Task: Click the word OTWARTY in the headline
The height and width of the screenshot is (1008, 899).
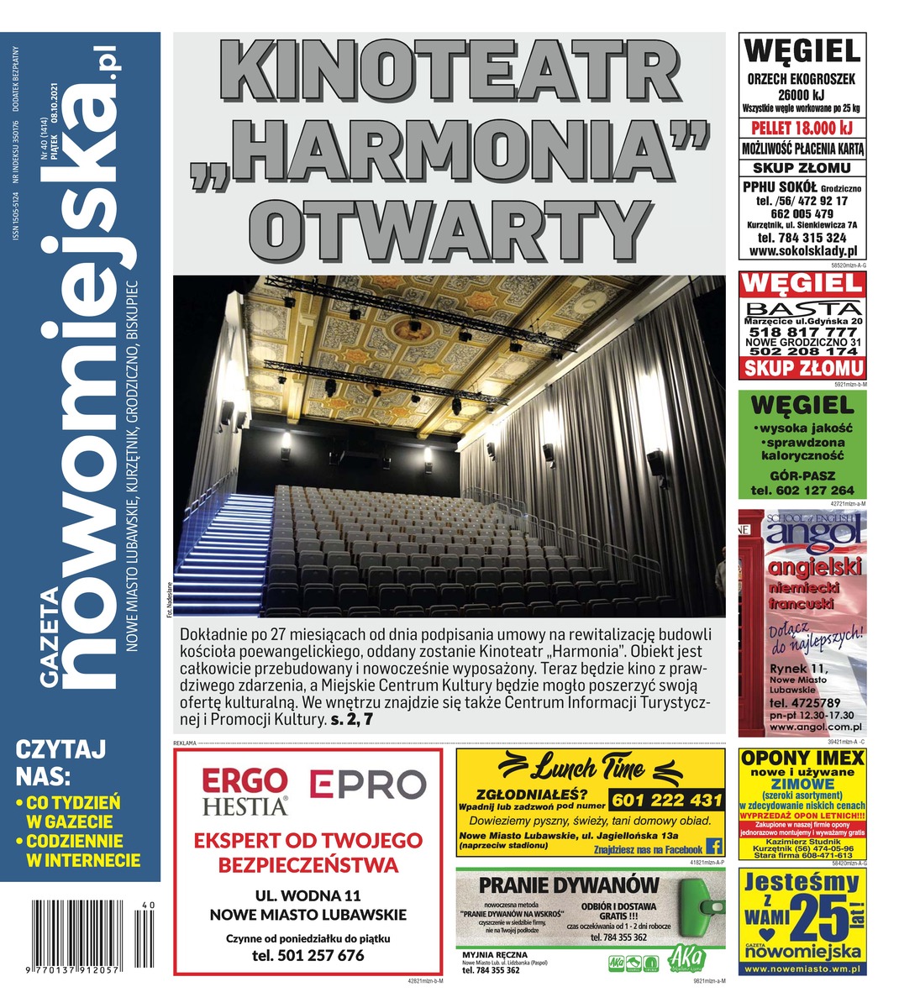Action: [449, 223]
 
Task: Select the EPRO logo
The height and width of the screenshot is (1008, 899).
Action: [368, 785]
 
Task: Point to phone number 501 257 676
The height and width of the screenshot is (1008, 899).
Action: [308, 955]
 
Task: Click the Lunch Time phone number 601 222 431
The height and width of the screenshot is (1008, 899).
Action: [665, 800]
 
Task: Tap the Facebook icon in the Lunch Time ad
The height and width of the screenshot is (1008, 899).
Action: [715, 846]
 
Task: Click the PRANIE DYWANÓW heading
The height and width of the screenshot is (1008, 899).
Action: [568, 885]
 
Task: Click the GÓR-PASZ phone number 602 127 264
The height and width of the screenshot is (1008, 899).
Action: [802, 491]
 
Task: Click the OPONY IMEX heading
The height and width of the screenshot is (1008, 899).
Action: [802, 759]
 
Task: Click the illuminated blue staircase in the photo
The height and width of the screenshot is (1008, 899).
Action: [227, 554]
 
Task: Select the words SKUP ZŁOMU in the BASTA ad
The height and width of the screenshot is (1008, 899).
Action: [802, 368]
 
